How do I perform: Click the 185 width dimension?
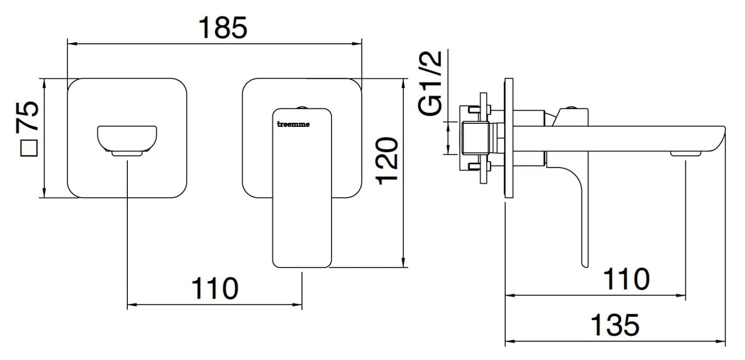tap(223, 28)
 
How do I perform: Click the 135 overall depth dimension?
tap(615, 324)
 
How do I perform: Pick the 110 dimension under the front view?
tap(215, 288)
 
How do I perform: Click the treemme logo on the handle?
tap(293, 124)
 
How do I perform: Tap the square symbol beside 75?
tap(29, 148)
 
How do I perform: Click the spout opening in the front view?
tap(127, 139)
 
